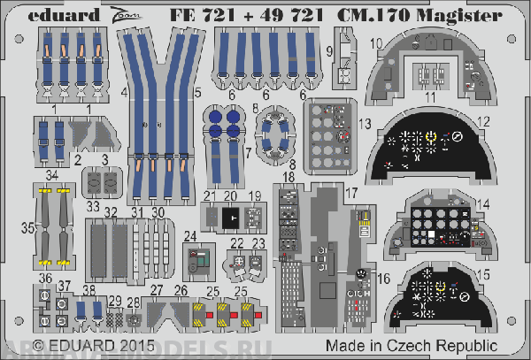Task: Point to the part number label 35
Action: tap(28, 227)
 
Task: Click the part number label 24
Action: tap(189, 236)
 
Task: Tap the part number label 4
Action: tap(126, 91)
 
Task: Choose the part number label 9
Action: tap(328, 50)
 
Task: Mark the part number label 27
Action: tap(156, 290)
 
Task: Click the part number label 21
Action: tap(209, 195)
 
